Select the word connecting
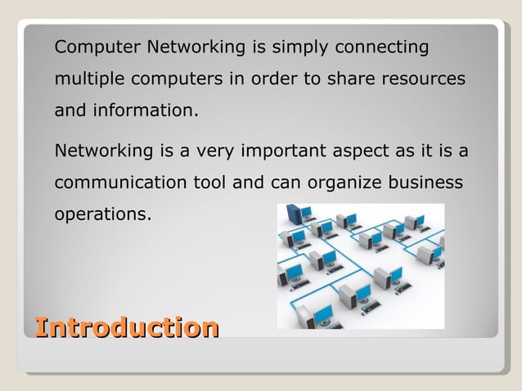(x=389, y=48)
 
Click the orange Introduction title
(x=127, y=329)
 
